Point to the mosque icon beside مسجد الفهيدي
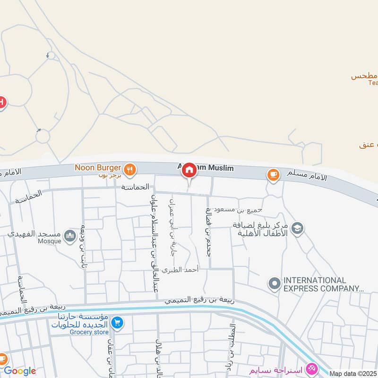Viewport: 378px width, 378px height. [x=70, y=235]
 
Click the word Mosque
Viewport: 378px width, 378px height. [x=50, y=241]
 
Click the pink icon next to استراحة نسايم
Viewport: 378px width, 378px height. [x=311, y=368]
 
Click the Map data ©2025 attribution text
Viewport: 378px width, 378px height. [x=353, y=374]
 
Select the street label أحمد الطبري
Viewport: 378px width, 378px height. [x=180, y=270]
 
